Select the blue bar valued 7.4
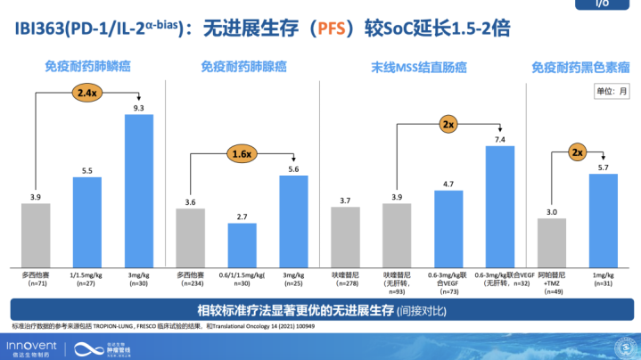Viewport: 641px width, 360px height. (500, 205)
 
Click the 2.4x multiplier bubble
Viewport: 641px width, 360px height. (87, 93)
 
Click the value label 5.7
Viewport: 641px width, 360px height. (603, 168)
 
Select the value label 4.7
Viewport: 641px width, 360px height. (449, 184)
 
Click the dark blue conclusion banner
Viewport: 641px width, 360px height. (320, 310)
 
